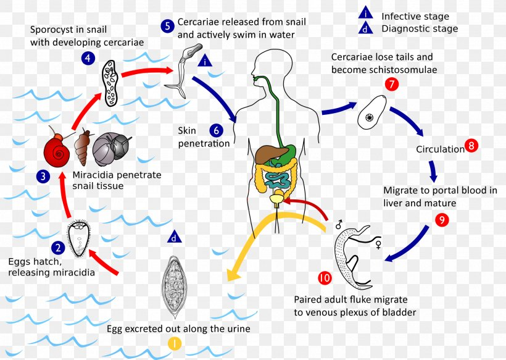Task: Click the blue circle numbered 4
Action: (x=88, y=58)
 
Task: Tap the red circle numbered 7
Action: (x=391, y=84)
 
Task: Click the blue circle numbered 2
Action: (x=58, y=248)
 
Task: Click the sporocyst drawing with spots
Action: (x=111, y=82)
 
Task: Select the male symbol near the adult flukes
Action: (x=339, y=225)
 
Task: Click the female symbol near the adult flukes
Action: (x=378, y=245)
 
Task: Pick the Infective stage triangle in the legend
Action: (x=366, y=14)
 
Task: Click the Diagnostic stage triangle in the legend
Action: (x=366, y=28)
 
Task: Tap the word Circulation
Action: (x=439, y=149)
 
